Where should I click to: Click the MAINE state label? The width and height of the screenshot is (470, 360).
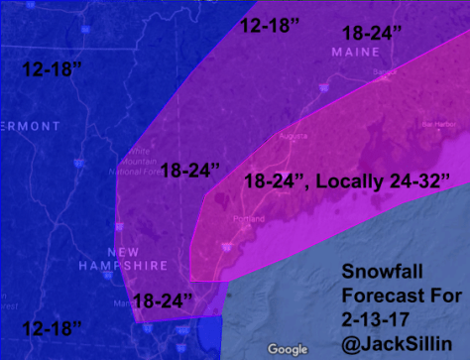coord(356,51)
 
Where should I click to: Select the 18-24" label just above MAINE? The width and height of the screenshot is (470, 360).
coord(368,32)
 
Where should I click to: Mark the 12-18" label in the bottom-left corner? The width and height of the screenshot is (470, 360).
coord(52,326)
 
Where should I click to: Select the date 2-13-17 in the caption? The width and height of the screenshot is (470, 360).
coord(375,316)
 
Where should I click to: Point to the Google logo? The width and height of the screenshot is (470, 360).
coord(288,348)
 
